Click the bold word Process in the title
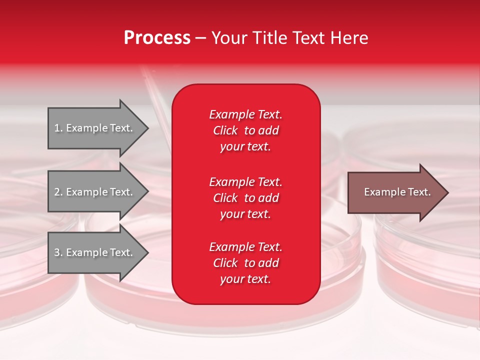(157, 38)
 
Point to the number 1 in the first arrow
(57, 128)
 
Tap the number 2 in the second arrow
(57, 192)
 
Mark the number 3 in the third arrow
(57, 252)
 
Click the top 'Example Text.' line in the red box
(245, 114)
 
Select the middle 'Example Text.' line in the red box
(245, 181)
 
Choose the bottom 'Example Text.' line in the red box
(245, 247)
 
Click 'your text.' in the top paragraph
(245, 147)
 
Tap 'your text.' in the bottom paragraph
(245, 279)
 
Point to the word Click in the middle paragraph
(225, 198)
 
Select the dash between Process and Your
(200, 38)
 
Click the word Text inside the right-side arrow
(417, 192)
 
